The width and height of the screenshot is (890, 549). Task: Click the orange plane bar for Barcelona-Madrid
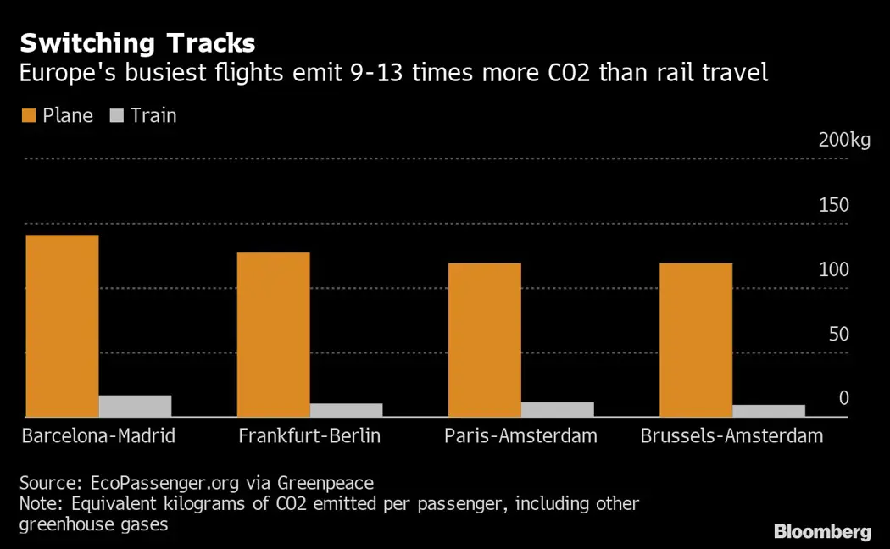62,325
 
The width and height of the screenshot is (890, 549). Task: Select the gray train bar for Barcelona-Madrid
135,406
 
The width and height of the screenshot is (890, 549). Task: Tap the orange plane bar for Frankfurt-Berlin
273,335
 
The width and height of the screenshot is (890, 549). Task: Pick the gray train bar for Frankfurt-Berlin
346,410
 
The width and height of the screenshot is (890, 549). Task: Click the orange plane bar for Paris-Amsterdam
484,340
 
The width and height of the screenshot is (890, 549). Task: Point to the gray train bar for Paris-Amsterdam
557,409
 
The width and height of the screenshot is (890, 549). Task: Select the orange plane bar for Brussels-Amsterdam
695,340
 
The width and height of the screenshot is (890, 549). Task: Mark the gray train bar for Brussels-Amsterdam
768,411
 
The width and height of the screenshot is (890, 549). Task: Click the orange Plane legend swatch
29,115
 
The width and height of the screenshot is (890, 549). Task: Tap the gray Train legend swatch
117,115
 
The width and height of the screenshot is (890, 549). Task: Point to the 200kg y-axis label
844,141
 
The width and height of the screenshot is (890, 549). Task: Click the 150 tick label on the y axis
833,205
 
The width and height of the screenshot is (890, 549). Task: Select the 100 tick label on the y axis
833,269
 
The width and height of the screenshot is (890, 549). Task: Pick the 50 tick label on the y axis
838,334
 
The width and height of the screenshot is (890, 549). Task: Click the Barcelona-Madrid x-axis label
98,437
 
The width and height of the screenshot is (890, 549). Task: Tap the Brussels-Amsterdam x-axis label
731,437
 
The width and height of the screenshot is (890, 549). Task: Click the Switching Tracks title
137,42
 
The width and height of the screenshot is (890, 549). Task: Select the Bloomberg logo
821,532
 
